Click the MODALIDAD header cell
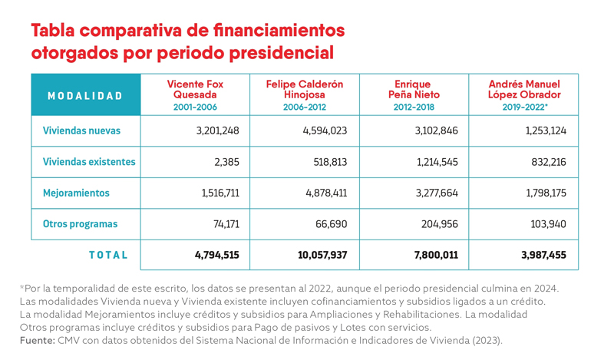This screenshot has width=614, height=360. pyautogui.click(x=85, y=96)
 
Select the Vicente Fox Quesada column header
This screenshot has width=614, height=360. pyautogui.click(x=195, y=89)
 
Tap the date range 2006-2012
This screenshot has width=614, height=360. pyautogui.click(x=305, y=107)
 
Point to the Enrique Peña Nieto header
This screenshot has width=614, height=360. pyautogui.click(x=414, y=89)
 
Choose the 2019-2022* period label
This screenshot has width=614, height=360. pyautogui.click(x=525, y=107)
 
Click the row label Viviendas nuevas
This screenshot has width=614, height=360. pyautogui.click(x=81, y=130)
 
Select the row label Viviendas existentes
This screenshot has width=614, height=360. pyautogui.click(x=89, y=162)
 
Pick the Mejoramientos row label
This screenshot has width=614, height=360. pyautogui.click(x=76, y=193)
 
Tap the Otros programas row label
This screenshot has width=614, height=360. pyautogui.click(x=80, y=224)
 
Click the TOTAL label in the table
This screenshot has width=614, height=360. pyautogui.click(x=108, y=255)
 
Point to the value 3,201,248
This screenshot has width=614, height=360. pyautogui.click(x=218, y=130)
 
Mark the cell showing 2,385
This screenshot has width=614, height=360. pyautogui.click(x=226, y=162)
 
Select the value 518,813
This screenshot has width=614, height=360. pyautogui.click(x=330, y=162)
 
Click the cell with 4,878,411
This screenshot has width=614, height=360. pyautogui.click(x=327, y=193)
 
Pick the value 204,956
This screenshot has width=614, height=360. pyautogui.click(x=440, y=224)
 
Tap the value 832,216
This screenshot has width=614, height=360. pyautogui.click(x=549, y=162)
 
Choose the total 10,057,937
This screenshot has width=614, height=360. pyautogui.click(x=322, y=255)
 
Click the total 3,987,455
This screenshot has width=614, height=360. pyautogui.click(x=543, y=255)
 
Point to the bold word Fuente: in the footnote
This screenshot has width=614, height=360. pyautogui.click(x=37, y=340)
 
